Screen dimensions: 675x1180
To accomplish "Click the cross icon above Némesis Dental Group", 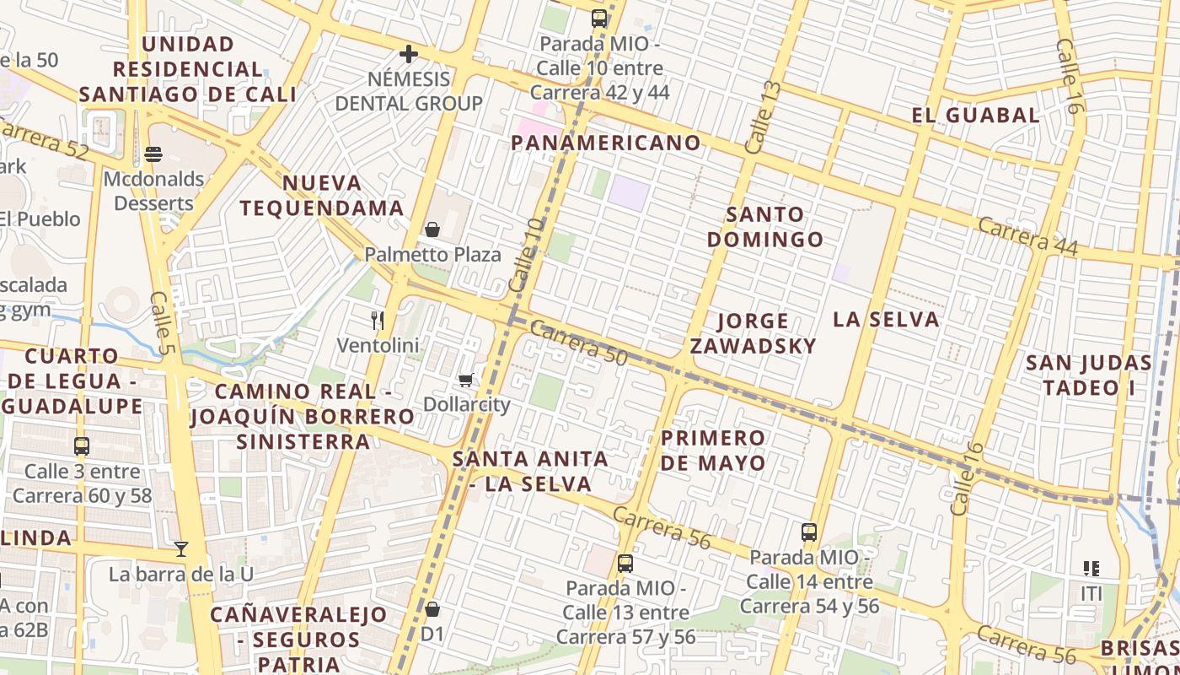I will [x=409, y=55].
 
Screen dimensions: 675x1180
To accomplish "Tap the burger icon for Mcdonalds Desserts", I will [x=153, y=154].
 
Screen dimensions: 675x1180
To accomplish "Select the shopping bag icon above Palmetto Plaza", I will [x=432, y=229].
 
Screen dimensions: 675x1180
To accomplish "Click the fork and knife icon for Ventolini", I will [x=378, y=321].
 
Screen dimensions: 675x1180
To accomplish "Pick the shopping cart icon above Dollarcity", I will [x=466, y=381].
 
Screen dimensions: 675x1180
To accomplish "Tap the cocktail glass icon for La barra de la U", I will [x=181, y=549].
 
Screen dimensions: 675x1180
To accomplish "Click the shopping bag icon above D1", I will [x=432, y=608].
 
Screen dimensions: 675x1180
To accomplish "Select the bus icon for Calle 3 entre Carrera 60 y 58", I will [x=82, y=446].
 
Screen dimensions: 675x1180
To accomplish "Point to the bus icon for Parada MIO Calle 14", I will [x=809, y=532].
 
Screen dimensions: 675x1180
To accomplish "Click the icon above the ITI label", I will [x=1091, y=569].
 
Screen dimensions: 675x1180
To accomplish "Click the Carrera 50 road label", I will [x=579, y=343].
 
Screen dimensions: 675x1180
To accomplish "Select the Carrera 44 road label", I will [x=1028, y=235].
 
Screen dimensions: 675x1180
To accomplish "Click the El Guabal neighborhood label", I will [x=975, y=116].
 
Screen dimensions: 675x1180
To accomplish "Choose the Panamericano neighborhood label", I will [x=606, y=143].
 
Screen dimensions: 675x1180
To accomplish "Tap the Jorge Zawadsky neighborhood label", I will [x=753, y=333].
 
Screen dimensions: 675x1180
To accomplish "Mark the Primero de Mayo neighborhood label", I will [x=713, y=451].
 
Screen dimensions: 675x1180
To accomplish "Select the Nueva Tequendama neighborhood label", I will [x=322, y=196].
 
